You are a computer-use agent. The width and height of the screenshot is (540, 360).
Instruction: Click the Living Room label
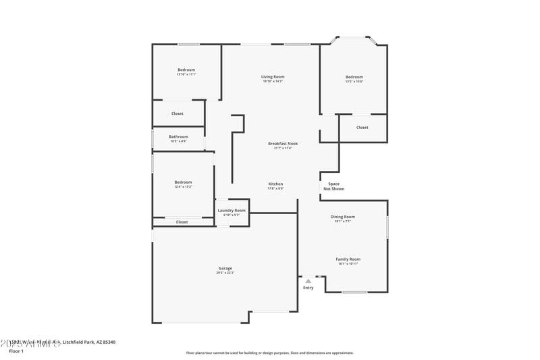pos(273,77)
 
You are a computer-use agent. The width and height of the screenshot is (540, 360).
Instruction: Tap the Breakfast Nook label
pos(283,143)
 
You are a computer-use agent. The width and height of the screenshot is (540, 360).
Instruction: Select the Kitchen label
pos(275,184)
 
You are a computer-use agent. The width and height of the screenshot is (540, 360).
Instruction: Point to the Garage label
pos(225,268)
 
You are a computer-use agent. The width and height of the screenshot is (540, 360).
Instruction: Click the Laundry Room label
pos(232,211)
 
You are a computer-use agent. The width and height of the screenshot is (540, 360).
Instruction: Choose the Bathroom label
pos(178,136)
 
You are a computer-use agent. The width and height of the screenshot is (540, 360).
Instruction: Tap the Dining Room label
pos(342,217)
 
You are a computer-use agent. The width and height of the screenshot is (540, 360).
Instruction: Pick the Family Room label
pos(348,259)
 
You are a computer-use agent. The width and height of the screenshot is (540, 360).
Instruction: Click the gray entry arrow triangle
pos(308,280)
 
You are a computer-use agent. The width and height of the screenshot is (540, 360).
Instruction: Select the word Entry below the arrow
pos(308,288)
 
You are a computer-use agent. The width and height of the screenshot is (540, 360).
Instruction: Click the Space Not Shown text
pos(333,186)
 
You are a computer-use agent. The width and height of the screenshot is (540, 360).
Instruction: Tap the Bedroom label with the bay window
pos(354,77)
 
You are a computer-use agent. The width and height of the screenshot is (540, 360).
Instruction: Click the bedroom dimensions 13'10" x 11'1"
pos(186,74)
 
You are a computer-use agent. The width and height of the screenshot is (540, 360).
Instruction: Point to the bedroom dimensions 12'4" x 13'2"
pos(183,186)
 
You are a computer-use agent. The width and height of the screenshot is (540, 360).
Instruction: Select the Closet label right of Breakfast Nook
pos(362,127)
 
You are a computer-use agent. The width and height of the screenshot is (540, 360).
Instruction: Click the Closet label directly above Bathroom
pos(177,113)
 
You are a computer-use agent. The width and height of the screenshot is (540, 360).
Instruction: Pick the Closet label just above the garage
pos(182,222)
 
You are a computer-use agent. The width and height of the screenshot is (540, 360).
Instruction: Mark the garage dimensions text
pos(225,273)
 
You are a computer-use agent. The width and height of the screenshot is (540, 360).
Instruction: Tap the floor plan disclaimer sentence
pos(269,353)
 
